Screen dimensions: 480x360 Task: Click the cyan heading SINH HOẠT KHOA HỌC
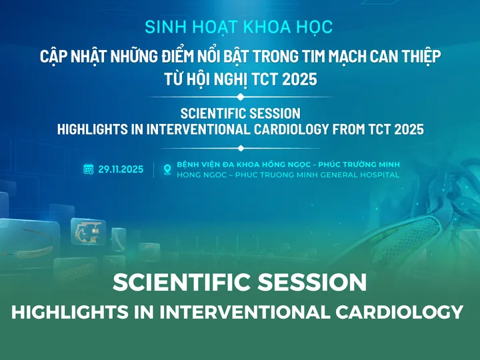tap(239, 27)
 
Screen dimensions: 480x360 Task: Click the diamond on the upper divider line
tap(241, 97)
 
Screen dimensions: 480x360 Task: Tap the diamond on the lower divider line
tap(241, 148)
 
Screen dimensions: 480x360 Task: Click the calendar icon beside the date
tap(89, 169)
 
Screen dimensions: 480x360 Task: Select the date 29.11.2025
tap(121, 169)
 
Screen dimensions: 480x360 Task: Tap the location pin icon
tap(167, 169)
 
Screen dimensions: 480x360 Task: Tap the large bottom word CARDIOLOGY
tap(399, 312)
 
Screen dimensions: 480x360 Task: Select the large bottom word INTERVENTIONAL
tap(244, 312)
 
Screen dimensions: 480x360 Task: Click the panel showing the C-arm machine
tap(88, 232)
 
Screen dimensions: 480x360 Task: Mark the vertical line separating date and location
tap(154, 169)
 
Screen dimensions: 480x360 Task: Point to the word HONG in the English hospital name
tap(187, 175)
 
